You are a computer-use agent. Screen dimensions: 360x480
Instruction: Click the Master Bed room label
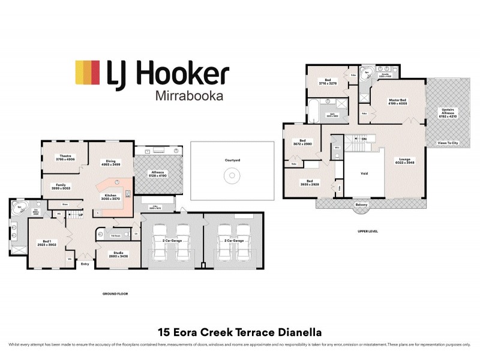tap(398, 101)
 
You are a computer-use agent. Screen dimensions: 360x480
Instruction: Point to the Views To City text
tap(448, 143)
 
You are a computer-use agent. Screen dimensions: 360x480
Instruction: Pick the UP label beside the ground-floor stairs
tap(81, 214)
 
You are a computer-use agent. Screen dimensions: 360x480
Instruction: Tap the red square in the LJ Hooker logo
tap(95, 73)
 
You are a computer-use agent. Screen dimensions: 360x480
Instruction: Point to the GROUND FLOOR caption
tap(115, 294)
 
